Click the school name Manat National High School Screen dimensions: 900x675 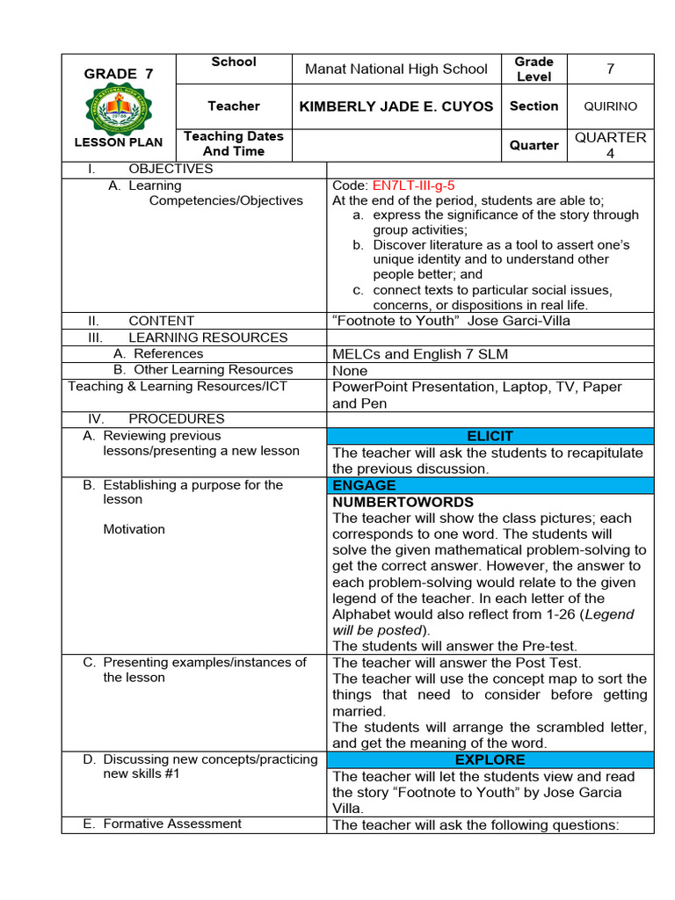tap(396, 69)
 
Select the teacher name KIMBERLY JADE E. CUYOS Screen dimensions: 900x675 tap(396, 106)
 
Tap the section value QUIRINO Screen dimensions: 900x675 tap(610, 106)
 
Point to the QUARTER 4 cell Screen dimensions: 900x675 tap(610, 145)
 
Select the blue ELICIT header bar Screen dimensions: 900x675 tap(490, 436)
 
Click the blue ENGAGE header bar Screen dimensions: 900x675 tap(490, 485)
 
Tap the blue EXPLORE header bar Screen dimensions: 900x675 tap(490, 759)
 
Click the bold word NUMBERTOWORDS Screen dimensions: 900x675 tap(403, 502)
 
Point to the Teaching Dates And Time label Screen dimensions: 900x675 tap(233, 143)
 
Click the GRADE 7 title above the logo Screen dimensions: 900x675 tap(118, 74)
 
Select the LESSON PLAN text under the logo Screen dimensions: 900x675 tap(118, 142)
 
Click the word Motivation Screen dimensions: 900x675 tap(134, 529)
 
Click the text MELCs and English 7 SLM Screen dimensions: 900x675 tap(420, 354)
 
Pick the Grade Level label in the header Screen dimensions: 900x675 tap(533, 69)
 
